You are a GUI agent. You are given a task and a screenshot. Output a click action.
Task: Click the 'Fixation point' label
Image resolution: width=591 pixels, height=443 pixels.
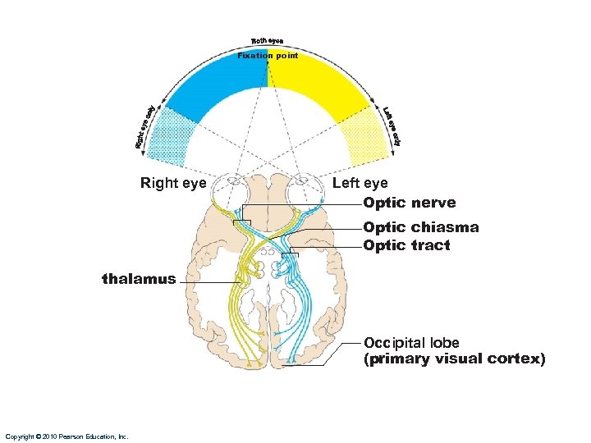(x=267, y=56)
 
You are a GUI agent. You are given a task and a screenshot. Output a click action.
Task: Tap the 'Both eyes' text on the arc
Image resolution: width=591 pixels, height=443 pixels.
(x=267, y=42)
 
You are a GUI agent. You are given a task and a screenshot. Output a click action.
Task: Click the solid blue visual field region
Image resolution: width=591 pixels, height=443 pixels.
(x=218, y=86)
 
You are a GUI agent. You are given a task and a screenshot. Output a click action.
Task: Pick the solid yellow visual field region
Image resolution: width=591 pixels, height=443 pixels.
(x=320, y=86)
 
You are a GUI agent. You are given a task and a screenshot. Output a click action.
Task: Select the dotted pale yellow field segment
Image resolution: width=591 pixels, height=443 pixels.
(x=360, y=131)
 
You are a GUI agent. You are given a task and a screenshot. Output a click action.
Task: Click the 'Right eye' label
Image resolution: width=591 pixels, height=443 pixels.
(x=173, y=183)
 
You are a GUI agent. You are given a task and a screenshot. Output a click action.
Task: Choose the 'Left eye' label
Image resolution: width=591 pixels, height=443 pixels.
(x=360, y=183)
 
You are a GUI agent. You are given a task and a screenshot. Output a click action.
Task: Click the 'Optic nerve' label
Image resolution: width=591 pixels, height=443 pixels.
(x=410, y=203)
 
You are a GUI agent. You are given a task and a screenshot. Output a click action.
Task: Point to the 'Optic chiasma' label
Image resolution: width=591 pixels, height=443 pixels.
(x=421, y=227)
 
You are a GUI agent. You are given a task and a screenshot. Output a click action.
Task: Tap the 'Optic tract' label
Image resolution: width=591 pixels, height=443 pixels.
(x=407, y=245)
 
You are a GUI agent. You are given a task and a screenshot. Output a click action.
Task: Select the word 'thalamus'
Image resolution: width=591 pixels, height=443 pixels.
(x=139, y=279)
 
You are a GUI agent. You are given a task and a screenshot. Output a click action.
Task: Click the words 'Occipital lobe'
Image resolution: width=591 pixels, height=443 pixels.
(x=411, y=343)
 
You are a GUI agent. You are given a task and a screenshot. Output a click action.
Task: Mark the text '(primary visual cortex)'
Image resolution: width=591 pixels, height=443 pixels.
(x=454, y=359)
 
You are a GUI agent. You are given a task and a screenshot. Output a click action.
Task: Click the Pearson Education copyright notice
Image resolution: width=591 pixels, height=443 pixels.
(x=66, y=436)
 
